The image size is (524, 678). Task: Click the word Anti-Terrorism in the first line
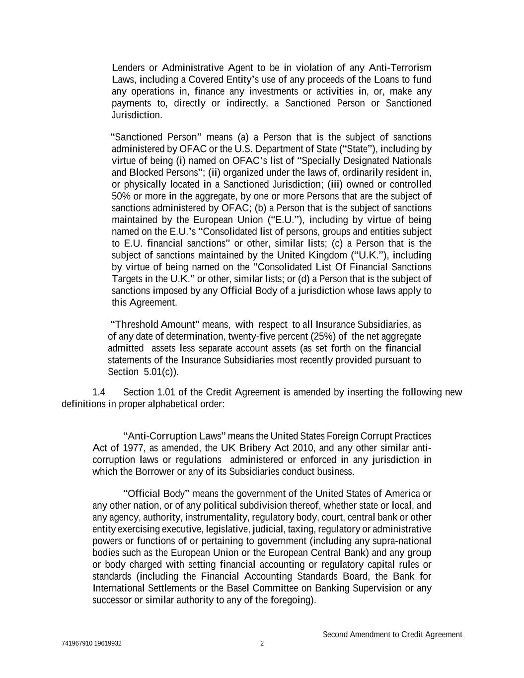(400, 68)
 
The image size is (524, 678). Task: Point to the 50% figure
(121, 196)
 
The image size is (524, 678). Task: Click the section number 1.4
(99, 392)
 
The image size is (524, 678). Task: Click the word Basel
(238, 589)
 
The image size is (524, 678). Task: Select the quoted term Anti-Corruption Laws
(174, 436)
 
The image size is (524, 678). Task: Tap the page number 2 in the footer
(262, 644)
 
